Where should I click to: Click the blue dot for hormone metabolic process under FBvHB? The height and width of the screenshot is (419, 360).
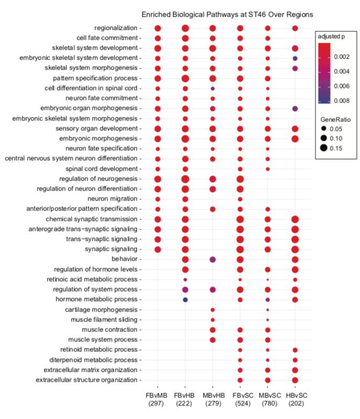[x=185, y=300]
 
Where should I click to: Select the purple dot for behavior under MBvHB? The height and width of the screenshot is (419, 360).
[x=212, y=259]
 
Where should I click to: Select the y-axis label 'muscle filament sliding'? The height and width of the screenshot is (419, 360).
[x=106, y=319]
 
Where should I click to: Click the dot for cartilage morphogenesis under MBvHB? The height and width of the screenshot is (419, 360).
[x=212, y=310]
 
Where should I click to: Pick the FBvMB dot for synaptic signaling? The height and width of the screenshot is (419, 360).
[x=157, y=249]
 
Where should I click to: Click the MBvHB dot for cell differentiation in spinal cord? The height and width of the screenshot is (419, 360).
[x=212, y=89]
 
